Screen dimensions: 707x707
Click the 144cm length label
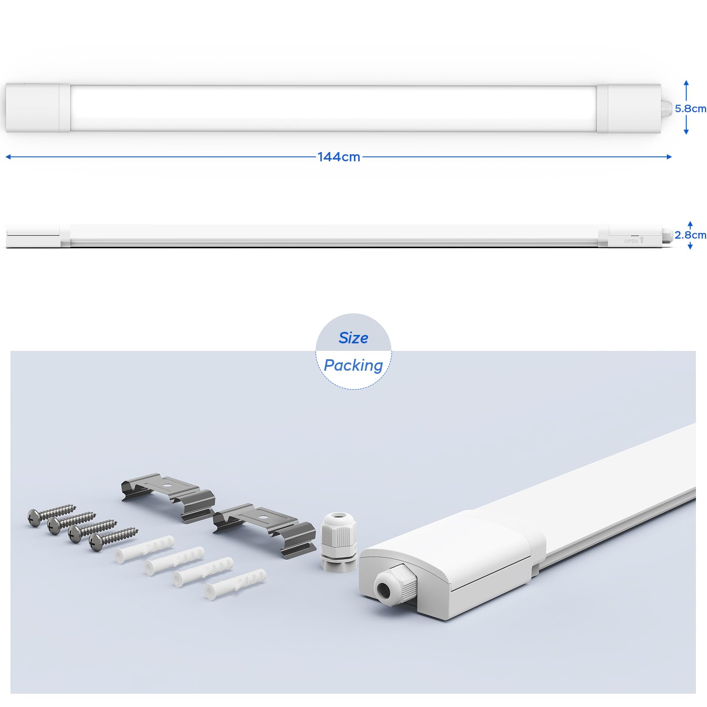pos(339,157)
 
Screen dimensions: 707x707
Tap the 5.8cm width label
pos(690,109)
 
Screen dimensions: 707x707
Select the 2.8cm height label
pos(690,235)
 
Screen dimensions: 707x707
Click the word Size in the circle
pos(353,338)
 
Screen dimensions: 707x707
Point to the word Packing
pos(353,366)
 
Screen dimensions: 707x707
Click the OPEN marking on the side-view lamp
pos(631,241)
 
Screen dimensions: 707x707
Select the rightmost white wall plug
pos(236,583)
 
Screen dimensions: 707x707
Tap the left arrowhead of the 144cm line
pos(8,157)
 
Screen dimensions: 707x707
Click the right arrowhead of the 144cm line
pos(669,157)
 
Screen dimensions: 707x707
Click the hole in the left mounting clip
pos(168,484)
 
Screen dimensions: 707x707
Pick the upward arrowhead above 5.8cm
pos(686,84)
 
